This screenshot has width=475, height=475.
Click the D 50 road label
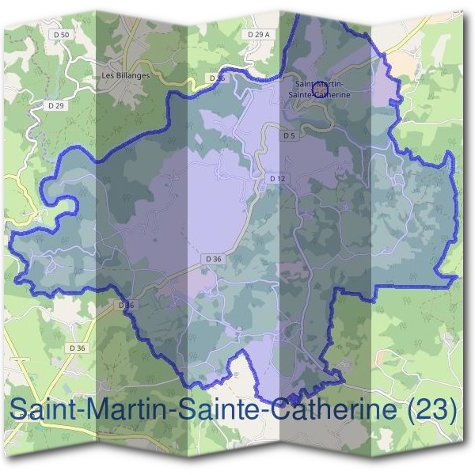click(x=64, y=36)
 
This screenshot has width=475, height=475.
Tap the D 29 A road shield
click(x=259, y=35)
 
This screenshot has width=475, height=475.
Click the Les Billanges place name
click(x=126, y=75)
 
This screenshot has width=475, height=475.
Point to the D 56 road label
click(x=218, y=78)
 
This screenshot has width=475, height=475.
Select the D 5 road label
click(x=289, y=135)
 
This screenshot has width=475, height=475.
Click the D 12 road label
click(x=276, y=179)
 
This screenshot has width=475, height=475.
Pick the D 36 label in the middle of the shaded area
click(x=213, y=258)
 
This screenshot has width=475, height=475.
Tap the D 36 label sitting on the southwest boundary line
click(x=127, y=305)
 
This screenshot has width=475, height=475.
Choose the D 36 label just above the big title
click(x=77, y=348)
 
